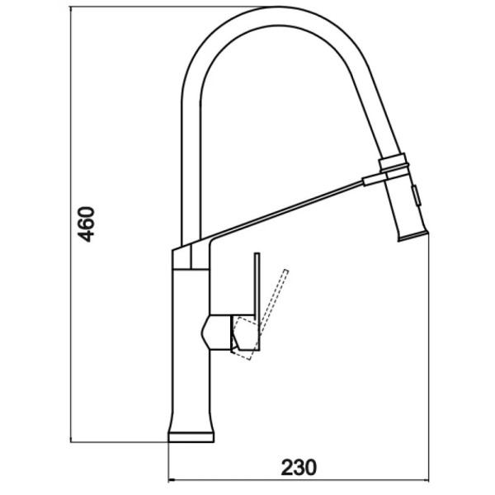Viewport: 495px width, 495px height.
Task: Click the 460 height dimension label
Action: point(86,224)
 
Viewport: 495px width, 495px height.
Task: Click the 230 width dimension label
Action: point(299,467)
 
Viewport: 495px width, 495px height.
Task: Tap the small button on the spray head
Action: point(416,196)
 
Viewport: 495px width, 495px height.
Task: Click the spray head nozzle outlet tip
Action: point(413,237)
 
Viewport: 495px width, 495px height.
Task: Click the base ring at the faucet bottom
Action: point(191,437)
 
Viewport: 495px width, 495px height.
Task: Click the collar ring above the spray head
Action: point(394,163)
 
